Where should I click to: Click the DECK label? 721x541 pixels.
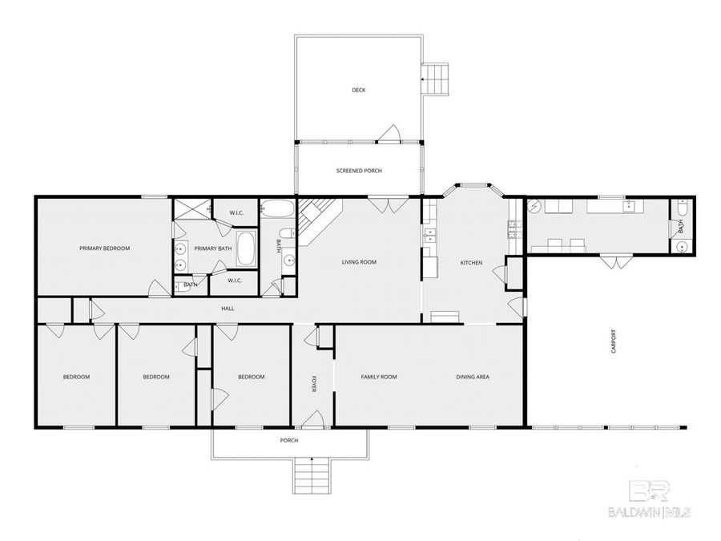pyautogui.click(x=359, y=90)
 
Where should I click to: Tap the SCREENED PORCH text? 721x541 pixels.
pyautogui.click(x=358, y=171)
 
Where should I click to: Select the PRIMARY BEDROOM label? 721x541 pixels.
pyautogui.click(x=104, y=248)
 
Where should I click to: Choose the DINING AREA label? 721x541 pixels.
pyautogui.click(x=473, y=377)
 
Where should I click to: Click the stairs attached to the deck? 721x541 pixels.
pyautogui.click(x=437, y=79)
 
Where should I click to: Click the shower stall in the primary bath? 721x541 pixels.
pyautogui.click(x=190, y=211)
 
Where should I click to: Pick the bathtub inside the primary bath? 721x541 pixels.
pyautogui.click(x=246, y=250)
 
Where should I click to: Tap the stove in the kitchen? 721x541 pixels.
pyautogui.click(x=511, y=233)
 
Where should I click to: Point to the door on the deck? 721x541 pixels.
pyautogui.click(x=390, y=134)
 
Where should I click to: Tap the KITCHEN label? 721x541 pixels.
pyautogui.click(x=471, y=263)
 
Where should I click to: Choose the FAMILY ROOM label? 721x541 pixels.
pyautogui.click(x=379, y=377)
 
